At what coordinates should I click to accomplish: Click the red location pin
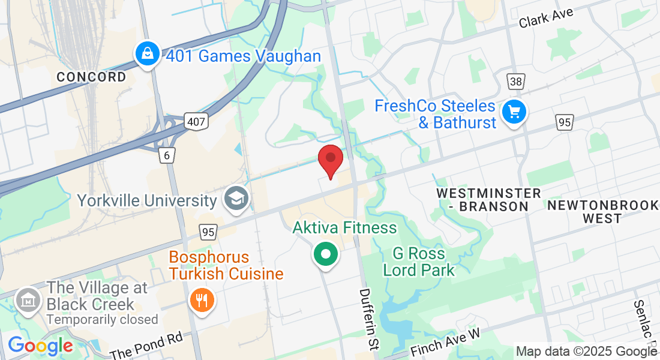[x=330, y=158]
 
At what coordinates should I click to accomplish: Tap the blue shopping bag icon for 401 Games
[x=147, y=55]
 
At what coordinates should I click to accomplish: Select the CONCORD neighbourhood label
[x=91, y=77]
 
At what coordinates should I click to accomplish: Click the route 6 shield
[x=167, y=155]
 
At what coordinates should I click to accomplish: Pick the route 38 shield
[x=515, y=82]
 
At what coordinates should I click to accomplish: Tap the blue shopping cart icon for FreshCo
[x=514, y=112]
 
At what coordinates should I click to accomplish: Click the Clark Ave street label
[x=546, y=17]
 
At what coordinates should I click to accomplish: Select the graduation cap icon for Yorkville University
[x=236, y=199]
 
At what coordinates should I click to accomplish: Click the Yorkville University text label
[x=146, y=200]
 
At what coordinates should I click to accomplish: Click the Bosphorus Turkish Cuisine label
[x=226, y=266]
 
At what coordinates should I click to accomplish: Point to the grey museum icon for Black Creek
[x=28, y=298]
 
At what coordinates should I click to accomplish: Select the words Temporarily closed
[x=102, y=319]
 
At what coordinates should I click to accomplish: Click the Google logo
[x=40, y=346]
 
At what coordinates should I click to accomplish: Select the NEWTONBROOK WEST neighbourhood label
[x=602, y=212]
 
